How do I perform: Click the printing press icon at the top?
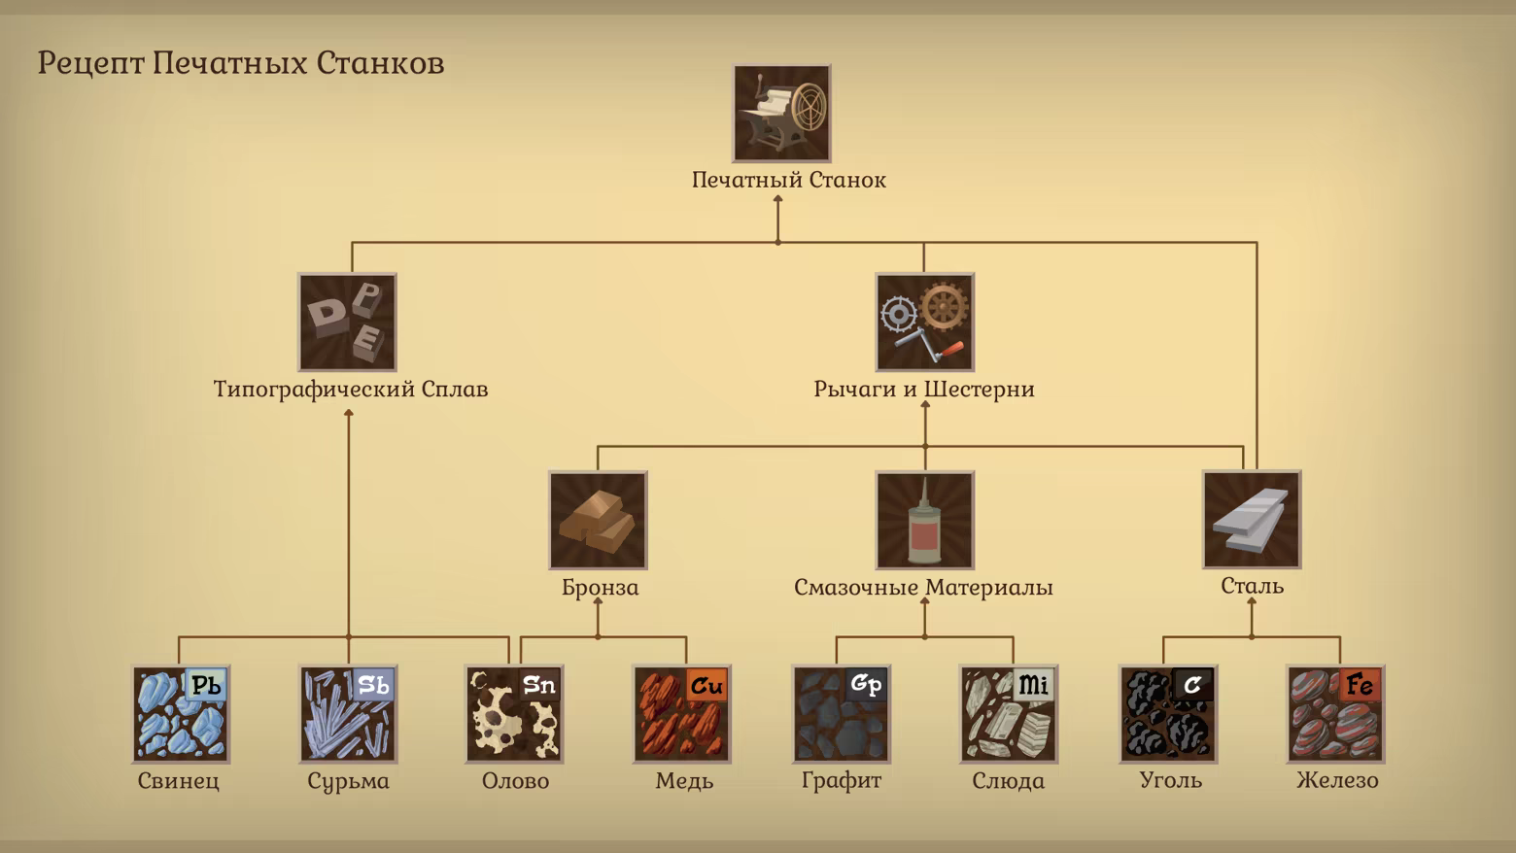point(781,113)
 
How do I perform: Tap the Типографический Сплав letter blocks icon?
point(347,322)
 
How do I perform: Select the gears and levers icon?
point(924,322)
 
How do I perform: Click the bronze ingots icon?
point(598,520)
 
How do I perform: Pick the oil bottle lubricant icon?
point(924,520)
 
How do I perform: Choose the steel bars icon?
point(1252,520)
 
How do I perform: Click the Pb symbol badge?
point(206,686)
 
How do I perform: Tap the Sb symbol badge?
point(373,686)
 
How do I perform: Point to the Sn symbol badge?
point(539,686)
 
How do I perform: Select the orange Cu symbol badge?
point(706,686)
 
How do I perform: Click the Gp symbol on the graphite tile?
point(866,686)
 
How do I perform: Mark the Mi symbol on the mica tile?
point(1033,686)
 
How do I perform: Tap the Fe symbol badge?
point(1361,686)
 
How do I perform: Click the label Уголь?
point(1170,780)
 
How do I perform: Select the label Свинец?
point(179,780)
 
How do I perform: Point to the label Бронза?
point(600,587)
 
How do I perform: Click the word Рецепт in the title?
point(90,63)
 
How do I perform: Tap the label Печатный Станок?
point(788,180)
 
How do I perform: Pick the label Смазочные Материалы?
point(923,587)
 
